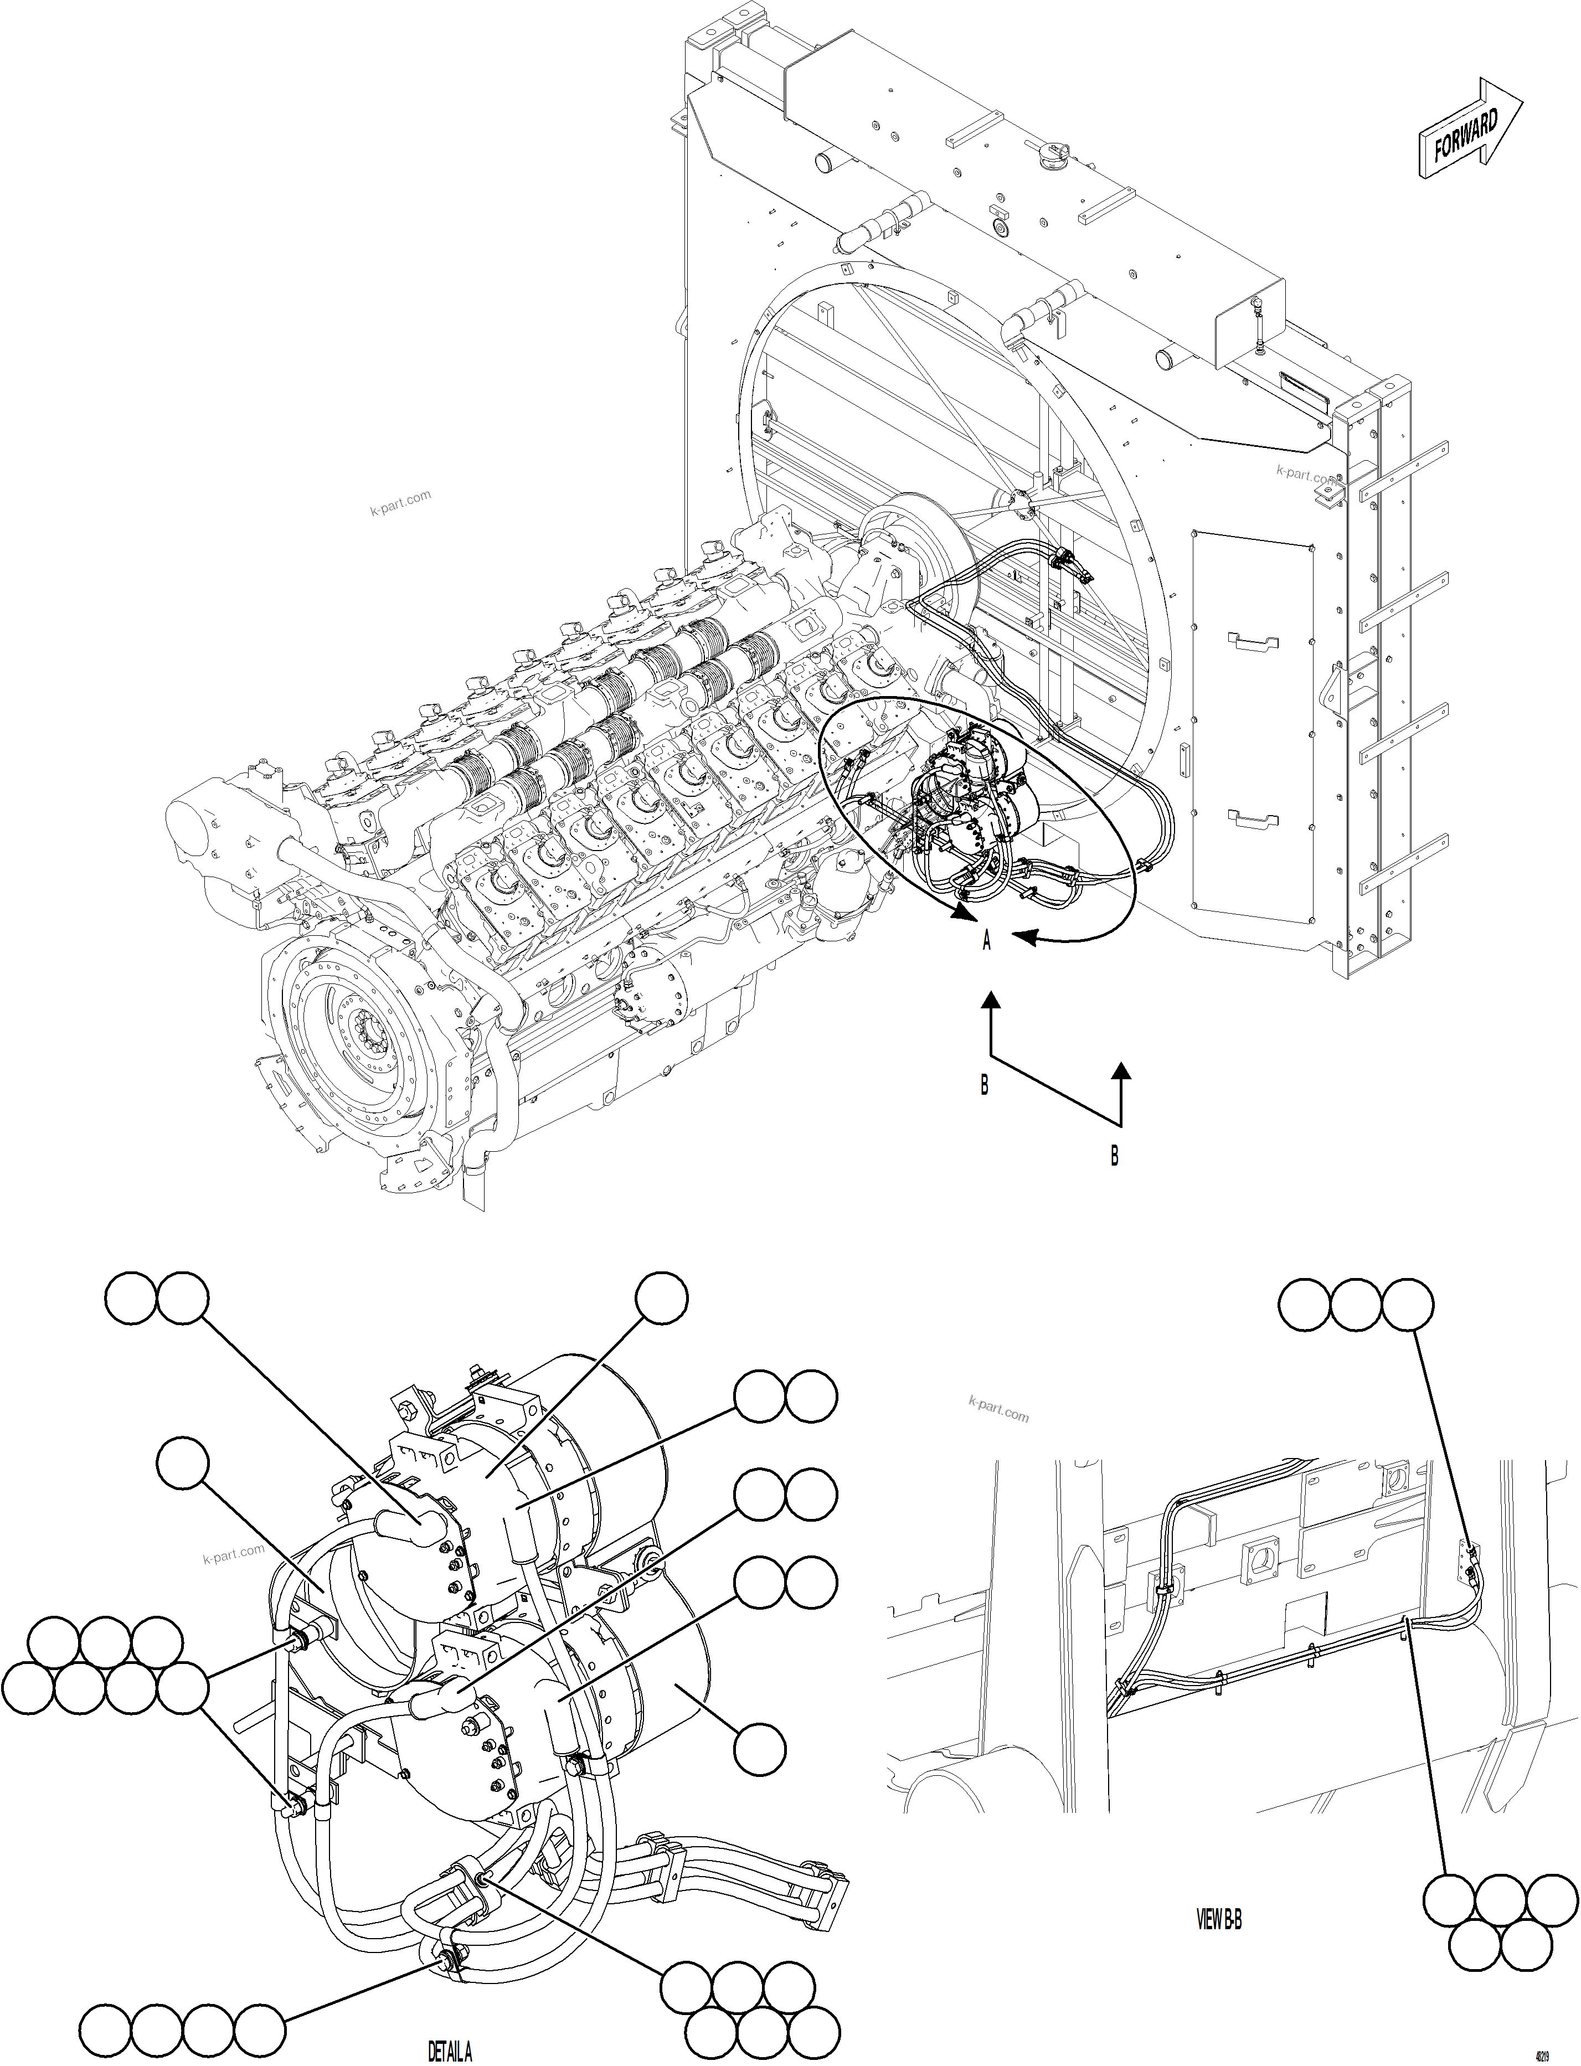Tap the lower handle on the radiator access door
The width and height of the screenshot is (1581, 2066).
[1254, 818]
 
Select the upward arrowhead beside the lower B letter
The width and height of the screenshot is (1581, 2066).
[1120, 1070]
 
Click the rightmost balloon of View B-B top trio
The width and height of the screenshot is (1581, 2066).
[1408, 1305]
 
